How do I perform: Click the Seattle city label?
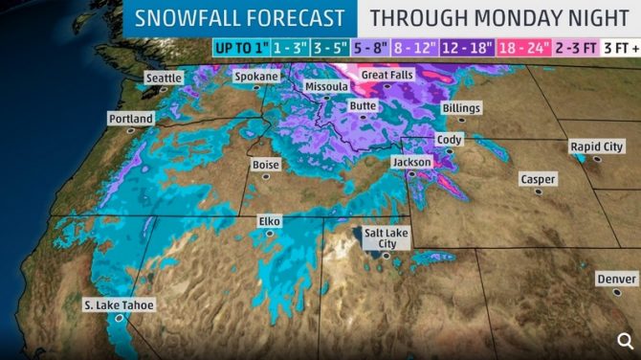[x=165, y=78]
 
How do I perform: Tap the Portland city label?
[x=130, y=119]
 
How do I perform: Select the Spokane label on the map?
[x=256, y=76]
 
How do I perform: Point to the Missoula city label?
[x=326, y=87]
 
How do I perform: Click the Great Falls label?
[x=386, y=74]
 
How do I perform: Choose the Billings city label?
[x=461, y=109]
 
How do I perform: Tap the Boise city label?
[x=265, y=165]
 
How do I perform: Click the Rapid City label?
[x=596, y=146]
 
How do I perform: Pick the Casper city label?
[x=538, y=179]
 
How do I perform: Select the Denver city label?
[x=615, y=279]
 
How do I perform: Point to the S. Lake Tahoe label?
[x=118, y=306]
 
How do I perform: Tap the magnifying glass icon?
[x=624, y=340]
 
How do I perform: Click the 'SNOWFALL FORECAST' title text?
[x=240, y=17]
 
